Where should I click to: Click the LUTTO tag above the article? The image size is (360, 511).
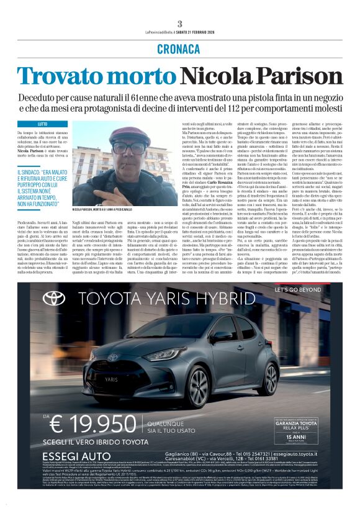tap(42, 124)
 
